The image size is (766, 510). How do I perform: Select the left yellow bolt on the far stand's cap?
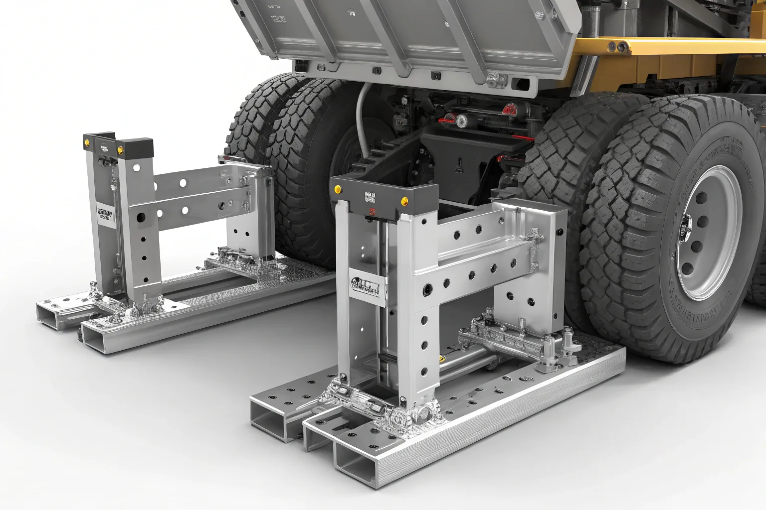tap(87, 143)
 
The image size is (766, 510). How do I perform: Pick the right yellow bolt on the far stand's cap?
tap(120, 149)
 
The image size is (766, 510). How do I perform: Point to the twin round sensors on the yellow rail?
tap(616, 47)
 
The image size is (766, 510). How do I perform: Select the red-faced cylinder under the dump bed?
tap(509, 109)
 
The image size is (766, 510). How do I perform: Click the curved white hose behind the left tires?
tap(360, 115)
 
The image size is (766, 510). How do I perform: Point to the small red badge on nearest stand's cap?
tap(371, 211)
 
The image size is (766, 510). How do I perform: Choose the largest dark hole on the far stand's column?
tap(141, 218)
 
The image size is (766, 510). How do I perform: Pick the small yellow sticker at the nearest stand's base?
tap(441, 358)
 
